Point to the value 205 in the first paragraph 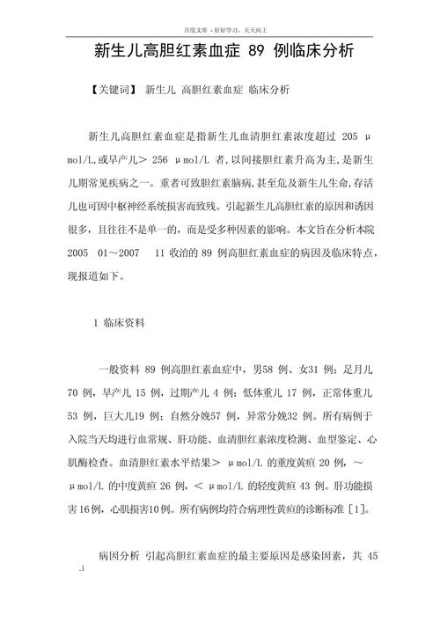(x=348, y=139)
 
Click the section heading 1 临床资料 (x=125, y=323)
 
